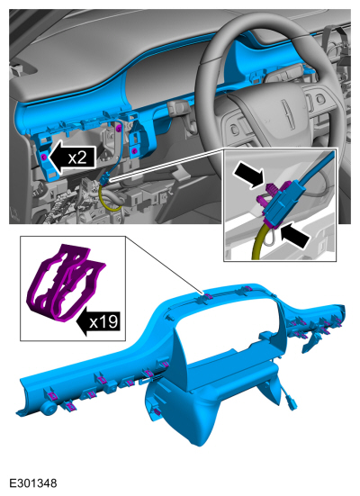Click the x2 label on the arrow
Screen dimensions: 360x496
[77, 158]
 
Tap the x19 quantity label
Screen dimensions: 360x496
[103, 322]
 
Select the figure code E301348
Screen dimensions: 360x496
[33, 483]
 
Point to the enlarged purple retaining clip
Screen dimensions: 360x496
[67, 283]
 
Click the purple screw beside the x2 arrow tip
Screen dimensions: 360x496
[45, 158]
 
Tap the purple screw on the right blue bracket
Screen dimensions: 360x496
[134, 150]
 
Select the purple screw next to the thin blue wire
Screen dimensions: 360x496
[119, 128]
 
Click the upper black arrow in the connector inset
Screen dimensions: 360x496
[248, 174]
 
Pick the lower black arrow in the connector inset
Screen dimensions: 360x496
[295, 235]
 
